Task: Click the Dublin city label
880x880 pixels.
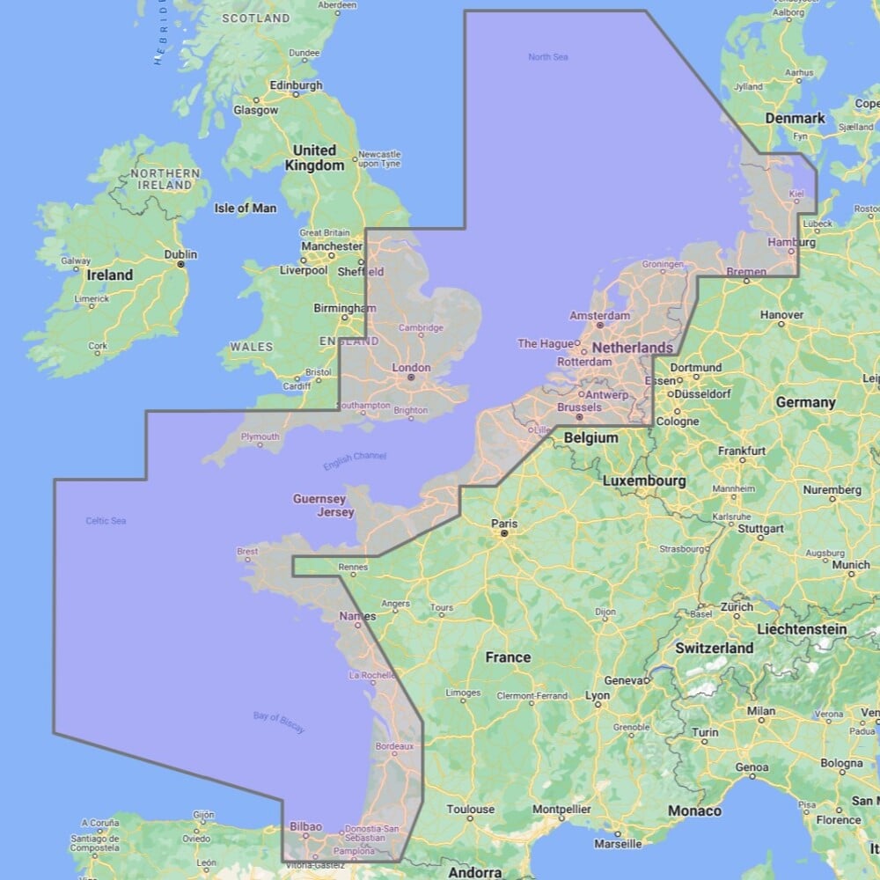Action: coord(180,255)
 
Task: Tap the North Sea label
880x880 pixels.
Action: coord(547,57)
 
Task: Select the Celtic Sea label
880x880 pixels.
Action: coord(106,521)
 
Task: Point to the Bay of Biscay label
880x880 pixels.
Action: coord(279,722)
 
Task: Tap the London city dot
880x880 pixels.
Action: coord(410,378)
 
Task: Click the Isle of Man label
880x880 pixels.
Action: coord(246,209)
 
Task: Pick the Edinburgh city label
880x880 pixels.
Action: coord(296,86)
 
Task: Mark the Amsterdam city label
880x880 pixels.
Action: coord(599,315)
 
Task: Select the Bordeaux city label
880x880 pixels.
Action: coord(394,746)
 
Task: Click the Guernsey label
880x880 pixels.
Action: coord(319,499)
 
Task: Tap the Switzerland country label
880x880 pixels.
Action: coord(715,648)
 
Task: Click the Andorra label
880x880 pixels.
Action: coord(475,872)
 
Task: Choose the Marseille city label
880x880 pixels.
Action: coord(618,843)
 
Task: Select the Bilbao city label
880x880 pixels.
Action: coord(305,826)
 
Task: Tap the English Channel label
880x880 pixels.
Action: coord(355,460)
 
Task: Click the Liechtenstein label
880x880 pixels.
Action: coord(802,629)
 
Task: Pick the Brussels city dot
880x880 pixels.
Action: coord(579,417)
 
